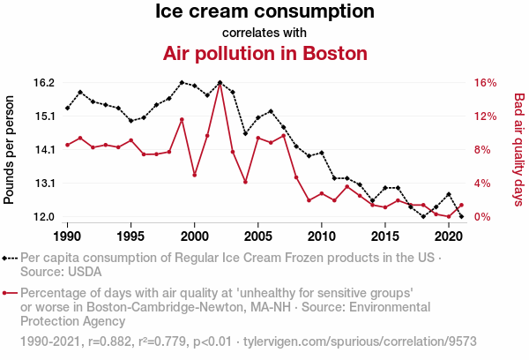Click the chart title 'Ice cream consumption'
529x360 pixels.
264,12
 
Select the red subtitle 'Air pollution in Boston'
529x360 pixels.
264,53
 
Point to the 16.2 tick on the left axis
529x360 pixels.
44,83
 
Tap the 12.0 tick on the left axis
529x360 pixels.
44,217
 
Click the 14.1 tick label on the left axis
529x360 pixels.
44,150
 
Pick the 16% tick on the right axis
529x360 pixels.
486,83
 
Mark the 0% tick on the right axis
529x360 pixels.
483,217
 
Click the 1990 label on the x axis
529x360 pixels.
67,236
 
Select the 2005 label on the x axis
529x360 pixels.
257,236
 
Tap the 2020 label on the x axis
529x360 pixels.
448,236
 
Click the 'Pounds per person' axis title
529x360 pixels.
10,150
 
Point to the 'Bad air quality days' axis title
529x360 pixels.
519,150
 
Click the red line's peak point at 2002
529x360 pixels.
220,84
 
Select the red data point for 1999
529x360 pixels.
182,119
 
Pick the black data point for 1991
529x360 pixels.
80,92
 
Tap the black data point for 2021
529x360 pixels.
461,216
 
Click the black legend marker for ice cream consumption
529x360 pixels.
10,259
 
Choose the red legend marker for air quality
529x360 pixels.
10,292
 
